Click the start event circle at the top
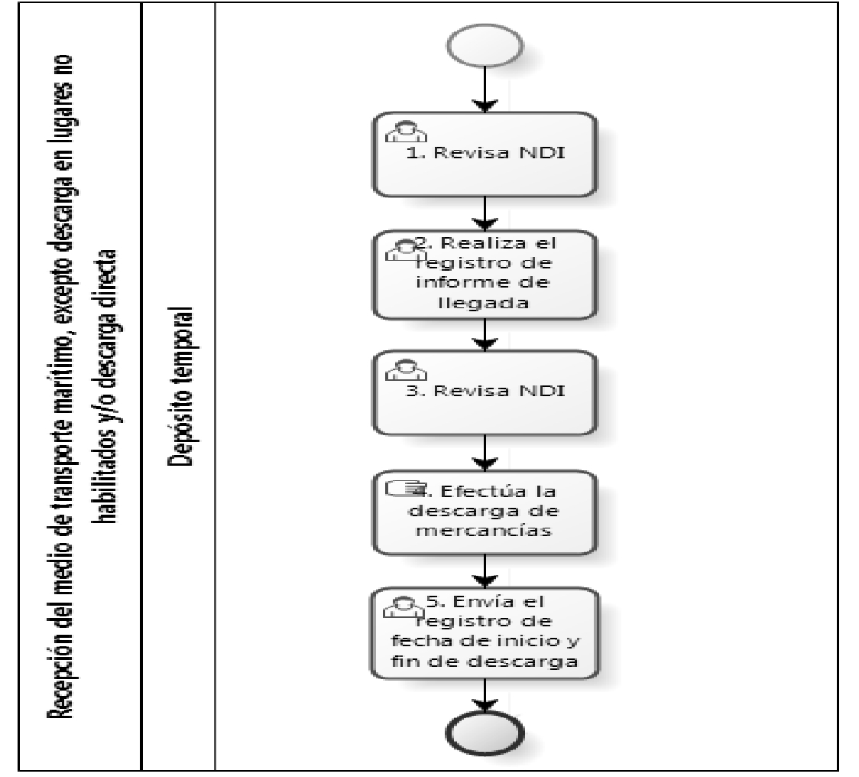(x=485, y=46)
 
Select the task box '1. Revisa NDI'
(x=485, y=154)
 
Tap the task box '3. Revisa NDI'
(x=485, y=392)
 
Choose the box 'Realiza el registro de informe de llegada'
(x=485, y=275)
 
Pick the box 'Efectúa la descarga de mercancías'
(x=485, y=512)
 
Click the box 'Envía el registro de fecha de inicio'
(x=485, y=633)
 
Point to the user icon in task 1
(x=406, y=132)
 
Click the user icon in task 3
(x=406, y=370)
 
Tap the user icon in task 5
(x=404, y=607)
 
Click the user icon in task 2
(x=406, y=250)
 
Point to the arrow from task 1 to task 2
(x=485, y=214)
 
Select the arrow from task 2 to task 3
(x=485, y=335)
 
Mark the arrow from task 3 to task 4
(x=485, y=453)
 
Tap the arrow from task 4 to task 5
(x=485, y=571)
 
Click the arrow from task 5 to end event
(x=485, y=695)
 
